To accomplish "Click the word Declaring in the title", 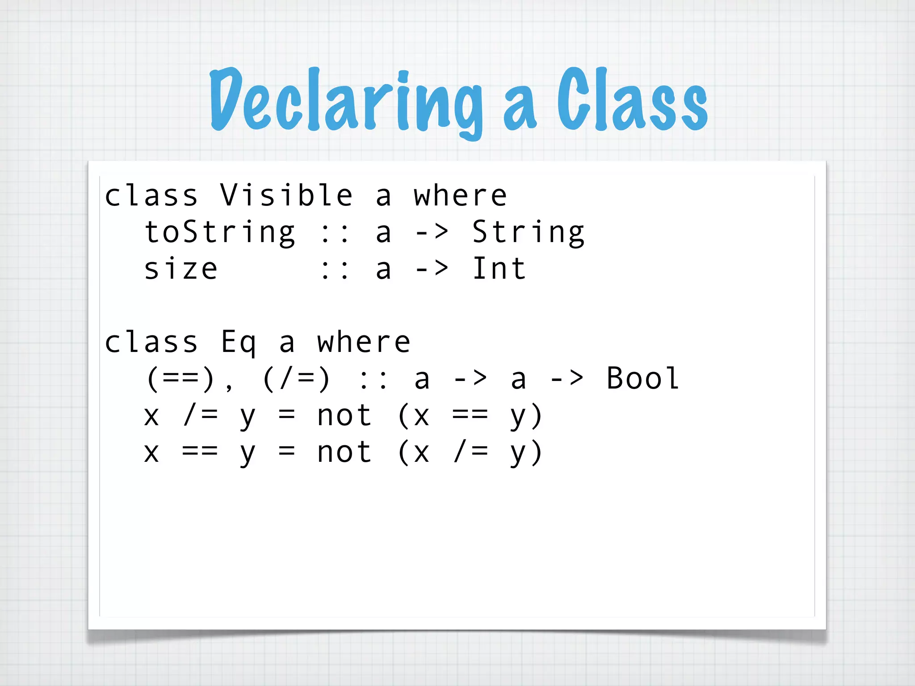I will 346,100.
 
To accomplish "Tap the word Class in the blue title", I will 632,100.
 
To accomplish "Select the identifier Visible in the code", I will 286,195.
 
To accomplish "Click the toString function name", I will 219,232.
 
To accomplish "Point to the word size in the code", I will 181,269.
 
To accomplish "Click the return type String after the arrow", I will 528,232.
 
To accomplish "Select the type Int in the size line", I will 499,269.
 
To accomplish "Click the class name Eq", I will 239,343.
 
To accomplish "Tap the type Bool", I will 642,379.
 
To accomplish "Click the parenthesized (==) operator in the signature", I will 181,379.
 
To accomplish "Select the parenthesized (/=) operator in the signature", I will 296,379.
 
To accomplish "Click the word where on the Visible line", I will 460,195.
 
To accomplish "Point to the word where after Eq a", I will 364,343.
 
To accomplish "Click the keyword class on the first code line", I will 151,195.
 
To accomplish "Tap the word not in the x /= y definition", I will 344,416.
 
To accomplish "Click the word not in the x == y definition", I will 344,452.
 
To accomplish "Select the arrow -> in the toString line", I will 432,232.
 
